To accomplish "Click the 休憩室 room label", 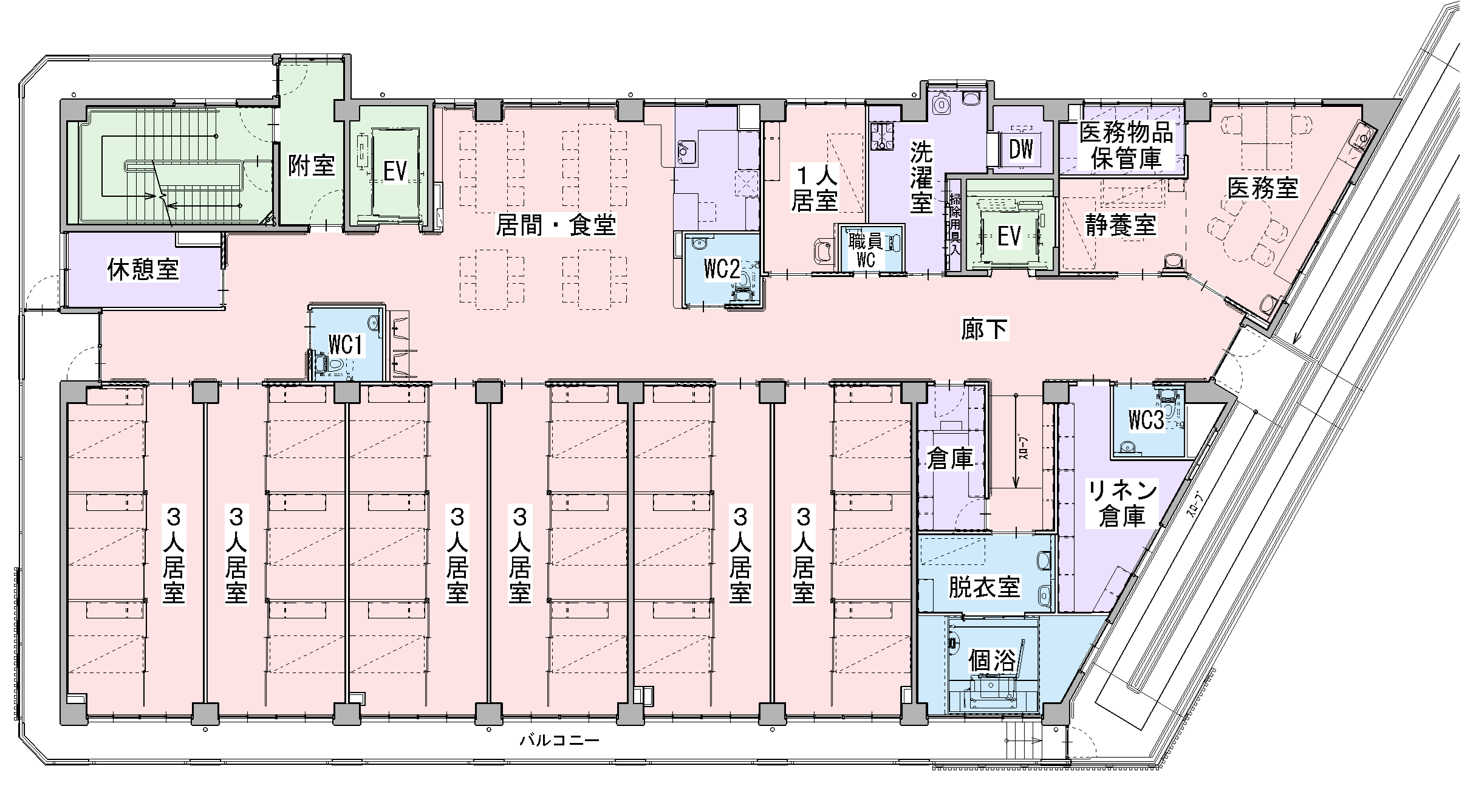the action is pyautogui.click(x=143, y=269).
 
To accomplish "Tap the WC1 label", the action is pyautogui.click(x=346, y=345).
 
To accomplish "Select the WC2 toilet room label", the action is pyautogui.click(x=722, y=269).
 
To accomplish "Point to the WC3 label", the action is pyautogui.click(x=1146, y=420).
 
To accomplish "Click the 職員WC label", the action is pyautogui.click(x=866, y=250).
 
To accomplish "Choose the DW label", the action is pyautogui.click(x=1021, y=149).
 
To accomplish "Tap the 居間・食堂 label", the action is pyautogui.click(x=556, y=225).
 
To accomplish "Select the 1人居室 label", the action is pyautogui.click(x=815, y=188).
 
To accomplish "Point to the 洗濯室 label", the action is pyautogui.click(x=921, y=177).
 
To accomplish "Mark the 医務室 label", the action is pyautogui.click(x=1263, y=188).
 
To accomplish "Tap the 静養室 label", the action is pyautogui.click(x=1121, y=225).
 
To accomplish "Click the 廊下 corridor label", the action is pyautogui.click(x=984, y=329).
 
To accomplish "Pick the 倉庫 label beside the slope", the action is pyautogui.click(x=950, y=459).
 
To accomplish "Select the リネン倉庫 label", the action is pyautogui.click(x=1122, y=503).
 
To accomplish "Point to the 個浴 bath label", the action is pyautogui.click(x=992, y=662).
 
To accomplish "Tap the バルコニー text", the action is pyautogui.click(x=559, y=741).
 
